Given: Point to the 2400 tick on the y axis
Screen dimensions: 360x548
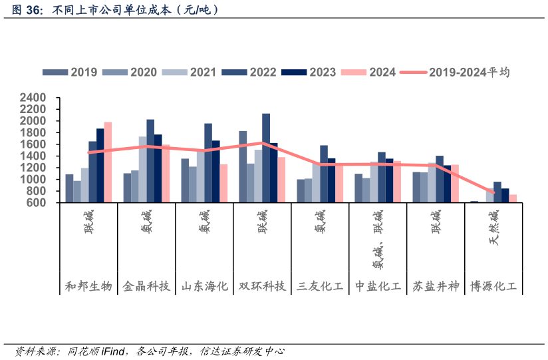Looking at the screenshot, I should pyautogui.click(x=33, y=98).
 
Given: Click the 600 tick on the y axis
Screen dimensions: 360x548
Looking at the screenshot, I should pyautogui.click(x=37, y=203).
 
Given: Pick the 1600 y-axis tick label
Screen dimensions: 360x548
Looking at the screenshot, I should pyautogui.click(x=33, y=144).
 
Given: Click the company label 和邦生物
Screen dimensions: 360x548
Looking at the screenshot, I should pyautogui.click(x=88, y=287).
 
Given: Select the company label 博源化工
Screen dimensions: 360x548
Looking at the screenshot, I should pyautogui.click(x=493, y=287).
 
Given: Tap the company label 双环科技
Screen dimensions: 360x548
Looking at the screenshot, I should pyautogui.click(x=262, y=287).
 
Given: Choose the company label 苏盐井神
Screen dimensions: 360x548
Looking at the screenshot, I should pyautogui.click(x=436, y=287).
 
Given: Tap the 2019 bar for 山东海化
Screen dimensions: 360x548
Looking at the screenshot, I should pyautogui.click(x=185, y=180).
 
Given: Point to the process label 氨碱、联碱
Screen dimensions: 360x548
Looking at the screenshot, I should pyautogui.click(x=378, y=240).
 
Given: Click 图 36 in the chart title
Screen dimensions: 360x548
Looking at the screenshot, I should pyautogui.click(x=23, y=11).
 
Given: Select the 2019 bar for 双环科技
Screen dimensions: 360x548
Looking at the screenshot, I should pyautogui.click(x=243, y=167).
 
